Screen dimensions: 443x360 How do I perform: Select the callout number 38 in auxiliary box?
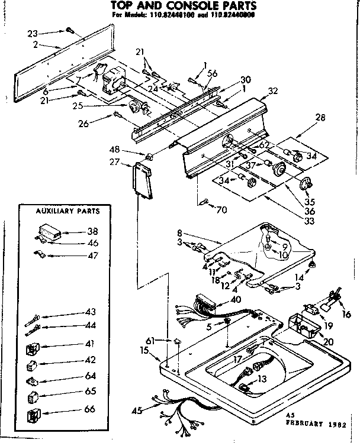92,232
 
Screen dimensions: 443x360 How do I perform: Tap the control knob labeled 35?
306,185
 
